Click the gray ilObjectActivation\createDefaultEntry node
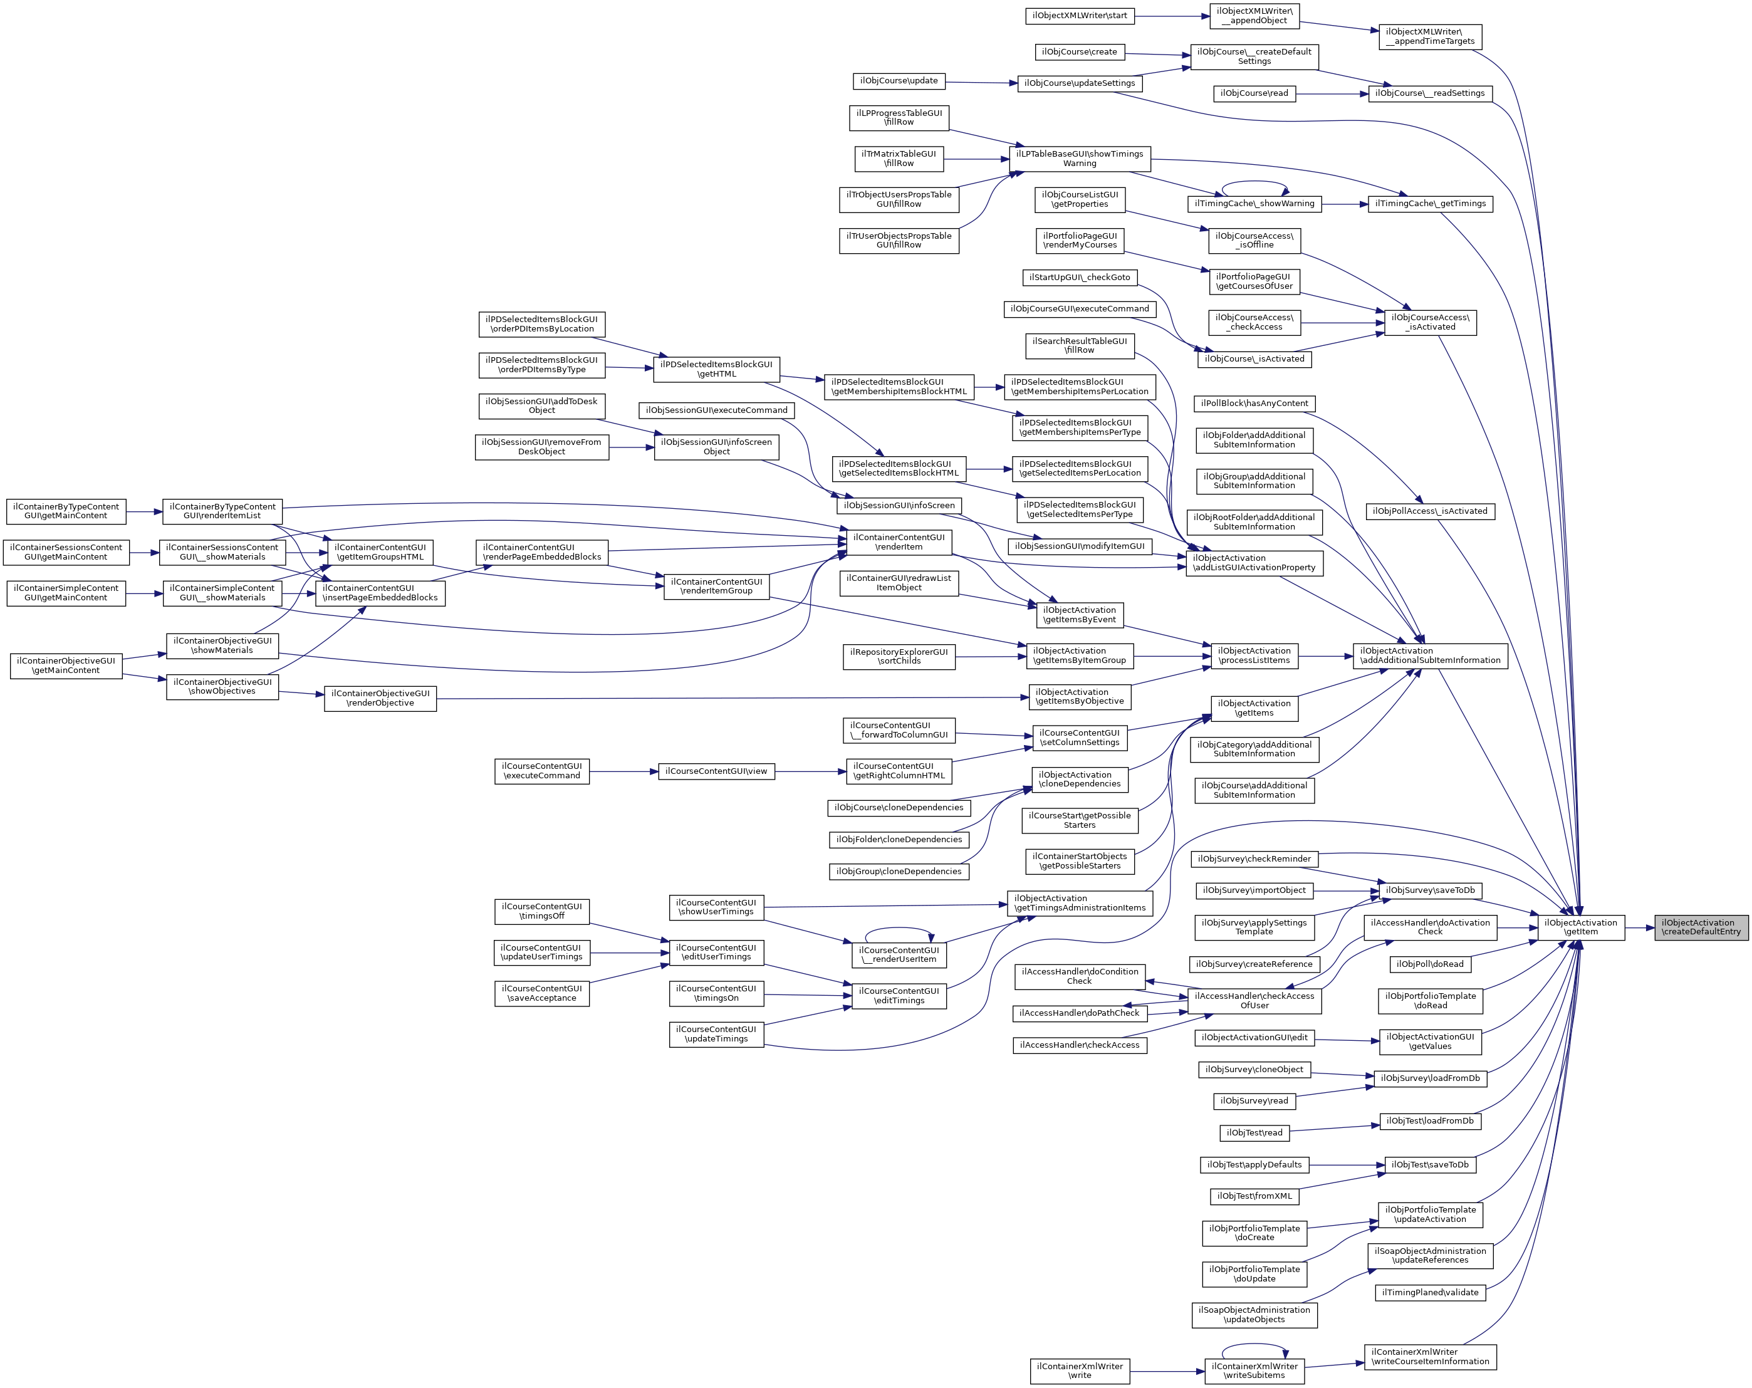[1701, 927]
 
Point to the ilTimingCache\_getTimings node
[1430, 204]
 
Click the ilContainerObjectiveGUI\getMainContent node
[66, 665]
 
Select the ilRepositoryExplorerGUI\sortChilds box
[899, 657]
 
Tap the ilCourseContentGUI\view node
[716, 771]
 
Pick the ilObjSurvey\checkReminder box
[1254, 859]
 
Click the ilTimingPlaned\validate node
[1430, 1292]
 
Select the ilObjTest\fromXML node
[1254, 1196]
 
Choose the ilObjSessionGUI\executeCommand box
[716, 410]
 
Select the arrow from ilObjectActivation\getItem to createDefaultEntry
[1640, 927]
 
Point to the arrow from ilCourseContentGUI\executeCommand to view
[623, 771]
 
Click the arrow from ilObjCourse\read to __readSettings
[1333, 93]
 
